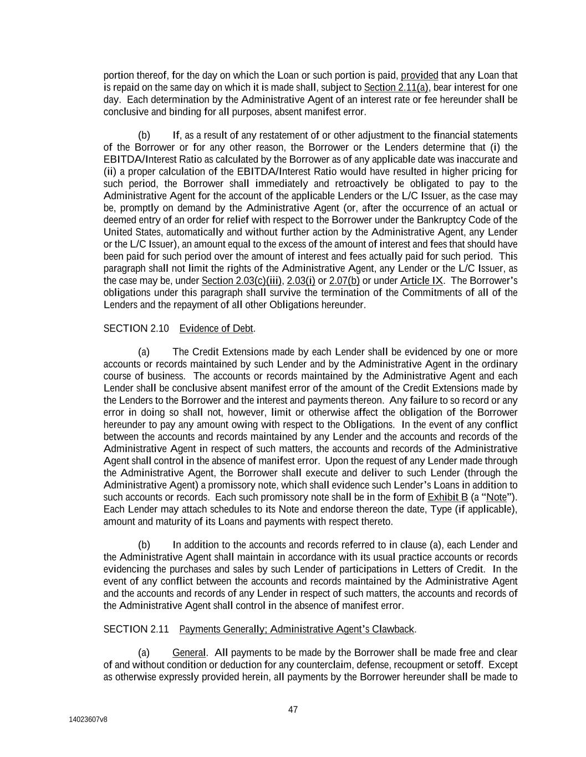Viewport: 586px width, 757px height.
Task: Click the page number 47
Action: coord(293,709)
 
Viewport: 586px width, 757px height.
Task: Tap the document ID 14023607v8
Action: coord(88,719)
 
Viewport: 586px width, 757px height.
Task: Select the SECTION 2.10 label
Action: coord(136,328)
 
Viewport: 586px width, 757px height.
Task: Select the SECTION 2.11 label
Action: coord(136,629)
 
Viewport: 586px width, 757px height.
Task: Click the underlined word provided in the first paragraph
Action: coord(419,75)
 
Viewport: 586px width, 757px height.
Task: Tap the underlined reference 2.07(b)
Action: coord(344,281)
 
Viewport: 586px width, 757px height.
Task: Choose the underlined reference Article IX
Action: coord(421,281)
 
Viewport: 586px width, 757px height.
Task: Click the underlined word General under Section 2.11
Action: coord(188,652)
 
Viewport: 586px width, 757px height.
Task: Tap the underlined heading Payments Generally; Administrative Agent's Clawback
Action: coord(297,629)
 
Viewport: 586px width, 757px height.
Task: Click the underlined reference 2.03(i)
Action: coord(300,281)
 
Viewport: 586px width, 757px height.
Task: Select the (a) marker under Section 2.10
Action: coord(144,352)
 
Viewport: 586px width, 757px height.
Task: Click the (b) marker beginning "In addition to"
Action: coord(144,545)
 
